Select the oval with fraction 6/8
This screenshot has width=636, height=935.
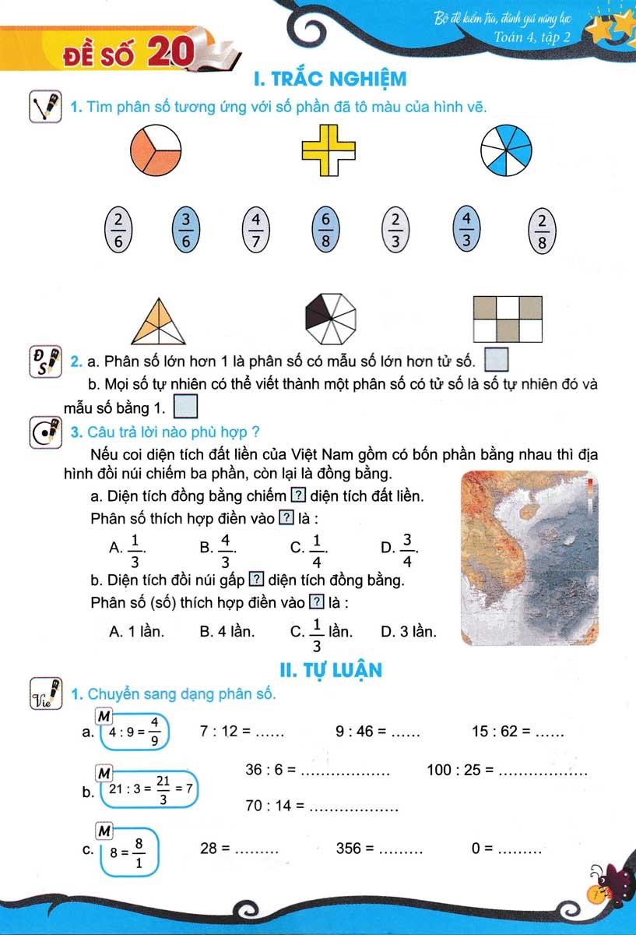coord(325,229)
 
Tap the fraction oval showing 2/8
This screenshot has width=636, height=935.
coord(542,231)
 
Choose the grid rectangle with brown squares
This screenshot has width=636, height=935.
coord(507,319)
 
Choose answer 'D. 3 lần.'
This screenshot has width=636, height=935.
coord(409,632)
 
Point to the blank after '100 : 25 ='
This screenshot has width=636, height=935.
coord(542,771)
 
